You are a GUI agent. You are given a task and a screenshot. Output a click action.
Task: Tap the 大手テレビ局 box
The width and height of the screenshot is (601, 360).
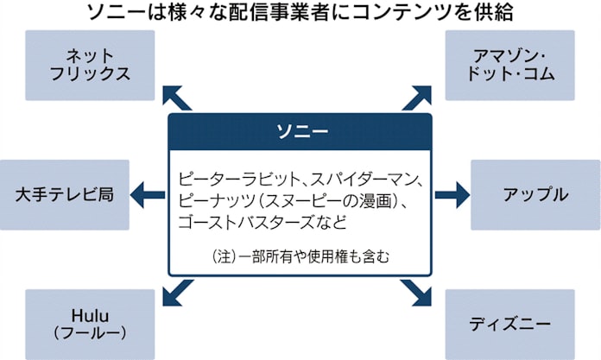(x=65, y=193)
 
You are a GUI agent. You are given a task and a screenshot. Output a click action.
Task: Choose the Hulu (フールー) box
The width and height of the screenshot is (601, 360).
(x=90, y=320)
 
